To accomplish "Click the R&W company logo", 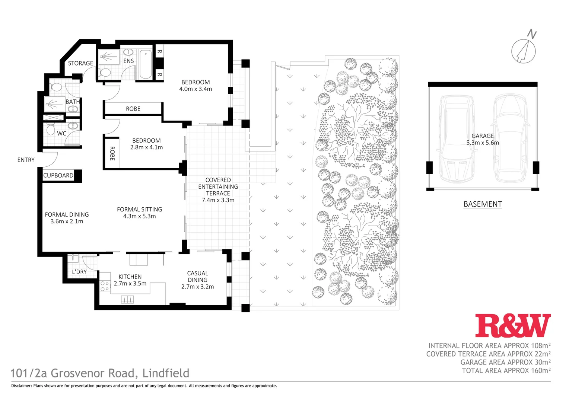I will coord(513,326).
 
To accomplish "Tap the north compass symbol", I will coord(524,51).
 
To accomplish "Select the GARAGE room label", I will coord(483,136).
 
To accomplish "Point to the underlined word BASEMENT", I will coord(483,204).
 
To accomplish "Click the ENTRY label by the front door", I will coord(26,160).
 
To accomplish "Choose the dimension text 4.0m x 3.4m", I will coord(196,89).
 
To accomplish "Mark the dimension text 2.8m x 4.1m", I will coord(146,147).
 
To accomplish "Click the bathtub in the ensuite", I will coord(146,64).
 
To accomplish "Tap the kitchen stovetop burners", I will coord(105,286).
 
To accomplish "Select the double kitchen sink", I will coord(127,299).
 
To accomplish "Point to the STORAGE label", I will coord(80,63).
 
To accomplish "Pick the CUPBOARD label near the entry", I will coord(58,175).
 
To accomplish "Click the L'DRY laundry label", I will coord(79,272).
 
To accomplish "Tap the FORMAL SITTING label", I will coord(139,210).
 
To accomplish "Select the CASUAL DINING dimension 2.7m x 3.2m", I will coord(197,287).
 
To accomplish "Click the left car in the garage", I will coord(456,138).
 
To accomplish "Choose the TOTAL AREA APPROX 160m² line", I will coord(506,370).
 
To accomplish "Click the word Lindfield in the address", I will coord(166,373).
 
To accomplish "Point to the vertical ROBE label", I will coord(112,153).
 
